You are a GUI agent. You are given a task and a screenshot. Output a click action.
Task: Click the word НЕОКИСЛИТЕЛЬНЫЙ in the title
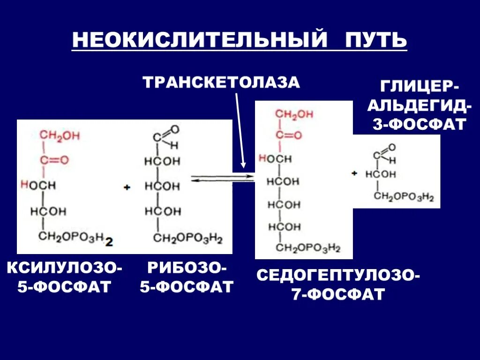click(199, 40)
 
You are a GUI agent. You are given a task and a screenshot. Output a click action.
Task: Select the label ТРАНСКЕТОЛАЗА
click(221, 82)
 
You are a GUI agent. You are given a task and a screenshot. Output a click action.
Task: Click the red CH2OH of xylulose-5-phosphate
click(60, 136)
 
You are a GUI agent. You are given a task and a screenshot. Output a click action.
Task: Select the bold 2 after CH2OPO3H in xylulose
click(109, 242)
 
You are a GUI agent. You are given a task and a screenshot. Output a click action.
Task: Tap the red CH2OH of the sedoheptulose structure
click(294, 114)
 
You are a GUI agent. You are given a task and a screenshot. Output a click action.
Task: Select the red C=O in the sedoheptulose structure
click(288, 136)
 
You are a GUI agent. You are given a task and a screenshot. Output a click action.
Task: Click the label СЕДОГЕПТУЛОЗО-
click(338, 276)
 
